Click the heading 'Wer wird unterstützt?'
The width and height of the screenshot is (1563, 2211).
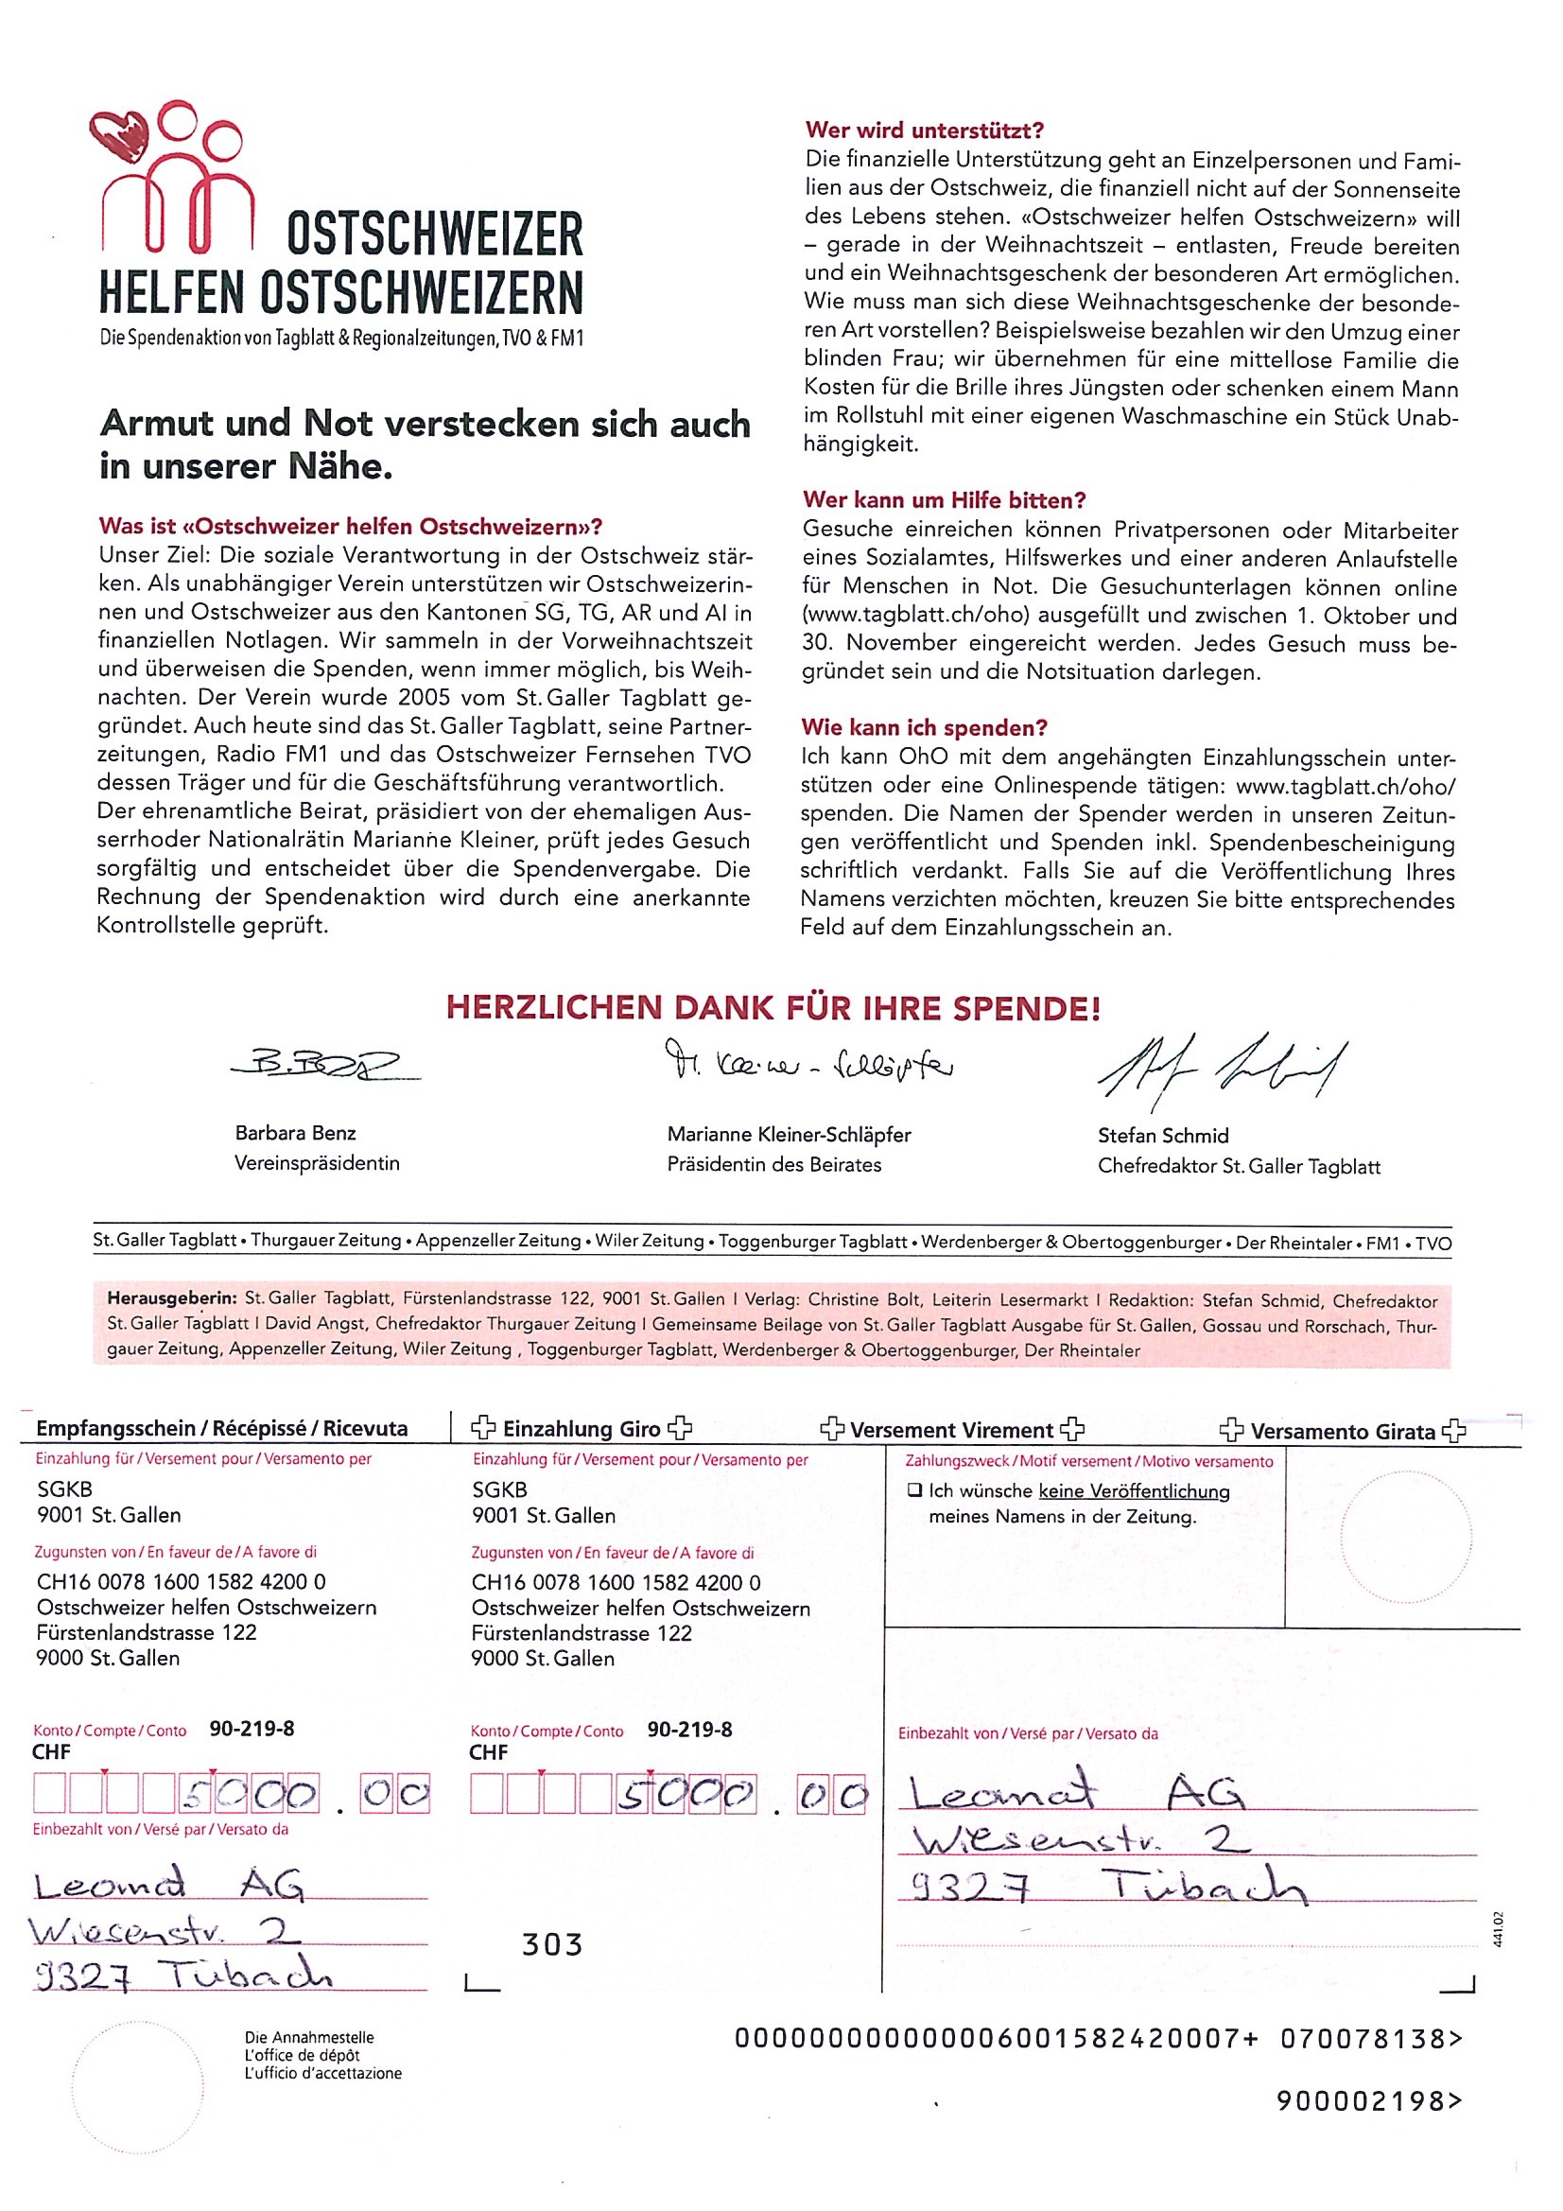[924, 130]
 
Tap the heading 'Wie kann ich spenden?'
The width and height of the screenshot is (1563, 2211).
[925, 727]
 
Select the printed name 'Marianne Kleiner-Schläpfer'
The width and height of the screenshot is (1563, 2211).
[789, 1135]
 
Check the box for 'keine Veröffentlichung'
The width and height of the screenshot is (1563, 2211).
[914, 1490]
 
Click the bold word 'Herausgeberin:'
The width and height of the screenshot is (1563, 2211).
[173, 1299]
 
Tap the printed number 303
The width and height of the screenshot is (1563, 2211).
[552, 1944]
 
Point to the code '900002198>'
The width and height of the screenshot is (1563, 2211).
[1367, 2100]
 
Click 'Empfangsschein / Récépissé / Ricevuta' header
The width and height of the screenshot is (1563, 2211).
[221, 1428]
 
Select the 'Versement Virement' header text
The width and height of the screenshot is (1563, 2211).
[951, 1430]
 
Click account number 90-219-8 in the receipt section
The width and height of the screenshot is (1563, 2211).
[252, 1729]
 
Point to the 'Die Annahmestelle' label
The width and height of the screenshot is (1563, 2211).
[308, 2038]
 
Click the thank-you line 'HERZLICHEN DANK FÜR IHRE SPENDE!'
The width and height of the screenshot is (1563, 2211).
[773, 1008]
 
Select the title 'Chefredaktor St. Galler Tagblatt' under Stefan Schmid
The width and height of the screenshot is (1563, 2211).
[1239, 1166]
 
